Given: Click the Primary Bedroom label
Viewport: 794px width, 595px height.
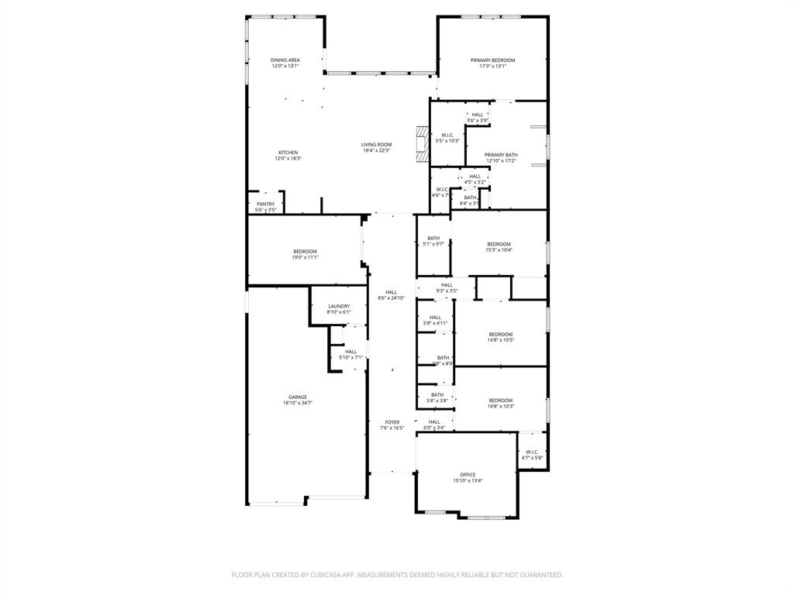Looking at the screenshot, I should coord(492,60).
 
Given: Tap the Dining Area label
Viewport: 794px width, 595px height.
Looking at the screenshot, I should coord(285,60).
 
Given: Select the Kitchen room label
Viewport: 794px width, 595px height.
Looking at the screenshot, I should coord(288,153).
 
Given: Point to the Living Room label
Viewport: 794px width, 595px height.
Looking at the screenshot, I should coord(376,144).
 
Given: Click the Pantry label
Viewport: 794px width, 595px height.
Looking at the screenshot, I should coord(265,205).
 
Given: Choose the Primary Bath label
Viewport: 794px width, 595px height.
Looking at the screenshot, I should coord(501,155).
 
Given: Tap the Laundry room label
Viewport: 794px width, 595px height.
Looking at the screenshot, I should coord(339,306).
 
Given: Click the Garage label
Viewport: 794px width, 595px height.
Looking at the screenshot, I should coord(298,397).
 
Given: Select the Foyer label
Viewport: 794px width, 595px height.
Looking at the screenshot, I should coord(392,422).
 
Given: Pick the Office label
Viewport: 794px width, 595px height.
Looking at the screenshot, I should coord(468,475).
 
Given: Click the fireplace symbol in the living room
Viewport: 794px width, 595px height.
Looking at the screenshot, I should coord(422,144).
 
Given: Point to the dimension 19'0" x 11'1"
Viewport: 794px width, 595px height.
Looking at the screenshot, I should coord(305,257).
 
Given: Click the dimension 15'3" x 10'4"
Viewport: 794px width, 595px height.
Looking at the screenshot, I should coord(499,250).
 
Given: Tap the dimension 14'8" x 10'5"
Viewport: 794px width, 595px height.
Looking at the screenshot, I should coord(500,340).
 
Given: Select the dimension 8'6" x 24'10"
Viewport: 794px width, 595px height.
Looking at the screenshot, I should coord(392,298).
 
